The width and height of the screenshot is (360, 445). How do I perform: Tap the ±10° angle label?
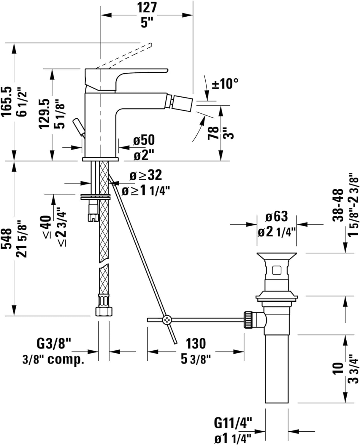pos(225,84)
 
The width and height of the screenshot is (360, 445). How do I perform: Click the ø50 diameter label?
pos(144,140)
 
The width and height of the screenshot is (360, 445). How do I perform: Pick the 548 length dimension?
pos(6,239)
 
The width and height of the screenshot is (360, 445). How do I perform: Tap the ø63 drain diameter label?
pos(276,216)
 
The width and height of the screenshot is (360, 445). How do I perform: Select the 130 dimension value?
pos(196,343)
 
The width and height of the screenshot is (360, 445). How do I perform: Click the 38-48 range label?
pos(338,205)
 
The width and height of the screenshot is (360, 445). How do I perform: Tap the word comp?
pos(66,360)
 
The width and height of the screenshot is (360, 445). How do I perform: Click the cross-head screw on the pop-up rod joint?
pos(167,320)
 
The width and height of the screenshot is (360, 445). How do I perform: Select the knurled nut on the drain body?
pos(248,320)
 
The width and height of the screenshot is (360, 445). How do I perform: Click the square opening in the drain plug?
pos(277,271)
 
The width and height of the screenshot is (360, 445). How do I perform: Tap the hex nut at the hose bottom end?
pos(104,311)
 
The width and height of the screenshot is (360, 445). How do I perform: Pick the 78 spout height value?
pos(213,133)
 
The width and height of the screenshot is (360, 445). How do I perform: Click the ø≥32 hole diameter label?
pos(146,175)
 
